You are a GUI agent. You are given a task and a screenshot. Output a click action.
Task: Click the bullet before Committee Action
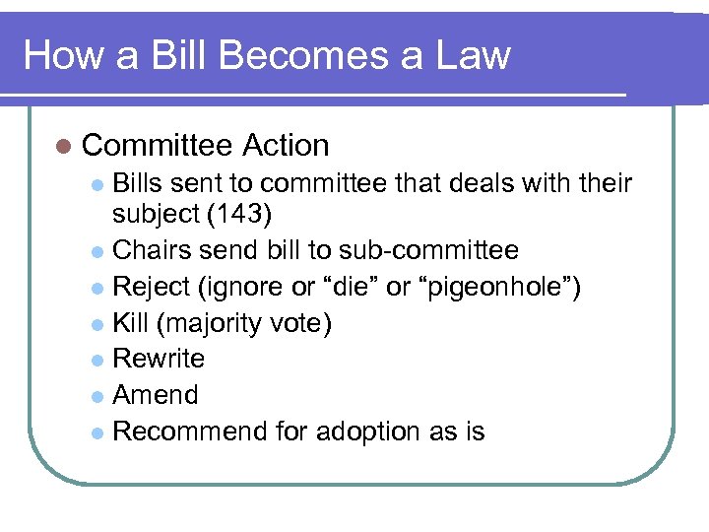click(64, 146)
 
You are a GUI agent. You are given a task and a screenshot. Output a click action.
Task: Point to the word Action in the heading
click(285, 146)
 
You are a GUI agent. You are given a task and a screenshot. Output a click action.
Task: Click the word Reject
click(151, 288)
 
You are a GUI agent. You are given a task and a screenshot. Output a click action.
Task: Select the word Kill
click(131, 323)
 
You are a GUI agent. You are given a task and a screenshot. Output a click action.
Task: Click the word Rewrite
click(159, 359)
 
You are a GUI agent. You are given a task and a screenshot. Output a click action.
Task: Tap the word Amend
click(156, 395)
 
